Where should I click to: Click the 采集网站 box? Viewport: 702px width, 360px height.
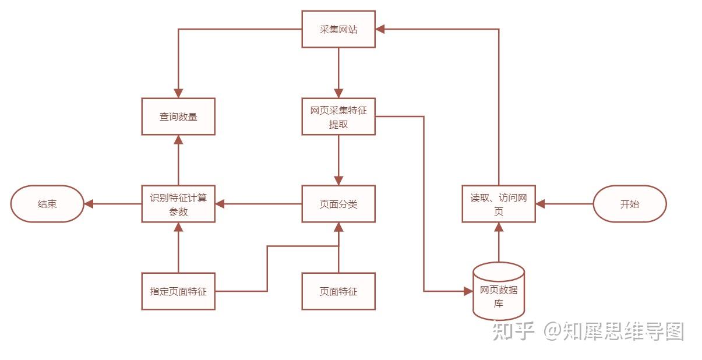338,29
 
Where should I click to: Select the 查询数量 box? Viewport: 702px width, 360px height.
178,117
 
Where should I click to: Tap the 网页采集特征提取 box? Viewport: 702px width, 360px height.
338,117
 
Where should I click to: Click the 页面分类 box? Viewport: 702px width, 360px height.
338,204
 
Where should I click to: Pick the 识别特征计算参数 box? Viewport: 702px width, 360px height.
178,204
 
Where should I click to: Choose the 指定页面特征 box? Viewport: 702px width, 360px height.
178,291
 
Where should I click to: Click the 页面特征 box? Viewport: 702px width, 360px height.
338,291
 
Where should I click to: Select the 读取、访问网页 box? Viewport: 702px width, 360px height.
499,204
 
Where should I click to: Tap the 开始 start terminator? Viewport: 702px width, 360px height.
629,204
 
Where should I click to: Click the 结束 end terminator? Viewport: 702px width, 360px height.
47,204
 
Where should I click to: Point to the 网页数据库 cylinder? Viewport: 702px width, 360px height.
499,291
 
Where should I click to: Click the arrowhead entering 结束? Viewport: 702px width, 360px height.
89,204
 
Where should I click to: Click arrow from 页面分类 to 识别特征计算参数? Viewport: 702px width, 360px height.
259,204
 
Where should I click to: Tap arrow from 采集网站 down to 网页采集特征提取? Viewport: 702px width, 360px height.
338,73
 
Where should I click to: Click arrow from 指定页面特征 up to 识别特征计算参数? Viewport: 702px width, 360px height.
178,248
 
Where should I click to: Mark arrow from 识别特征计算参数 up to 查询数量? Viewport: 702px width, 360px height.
178,160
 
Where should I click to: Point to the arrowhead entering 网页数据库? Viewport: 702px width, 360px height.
468,291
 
